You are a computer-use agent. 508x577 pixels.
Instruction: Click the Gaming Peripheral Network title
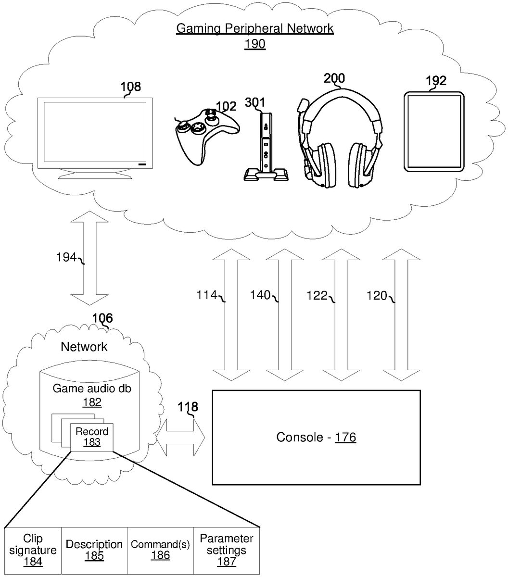[x=254, y=28]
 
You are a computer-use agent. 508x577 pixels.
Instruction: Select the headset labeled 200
[x=342, y=139]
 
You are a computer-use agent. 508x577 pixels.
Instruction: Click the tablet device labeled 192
[x=434, y=132]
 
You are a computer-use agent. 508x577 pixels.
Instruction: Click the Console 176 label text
[x=316, y=438]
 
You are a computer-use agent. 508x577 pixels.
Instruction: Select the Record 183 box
[x=91, y=437]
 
